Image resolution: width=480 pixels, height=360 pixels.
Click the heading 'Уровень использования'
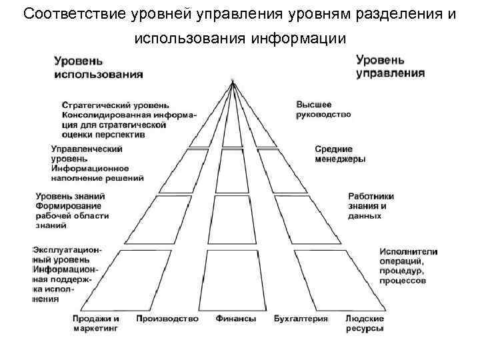pyautogui.click(x=98, y=67)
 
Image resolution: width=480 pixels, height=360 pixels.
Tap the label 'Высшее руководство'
pyautogui.click(x=323, y=109)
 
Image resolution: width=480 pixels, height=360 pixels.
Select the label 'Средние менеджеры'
pyautogui.click(x=340, y=154)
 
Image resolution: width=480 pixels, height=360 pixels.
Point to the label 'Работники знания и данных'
pyautogui.click(x=371, y=206)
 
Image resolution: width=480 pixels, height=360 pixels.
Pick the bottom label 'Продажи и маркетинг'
pyautogui.click(x=96, y=323)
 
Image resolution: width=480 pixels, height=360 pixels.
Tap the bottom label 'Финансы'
pyautogui.click(x=235, y=319)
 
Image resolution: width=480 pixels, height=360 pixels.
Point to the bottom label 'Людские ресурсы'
pyautogui.click(x=364, y=323)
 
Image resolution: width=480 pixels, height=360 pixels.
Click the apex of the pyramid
pyautogui.click(x=233, y=82)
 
